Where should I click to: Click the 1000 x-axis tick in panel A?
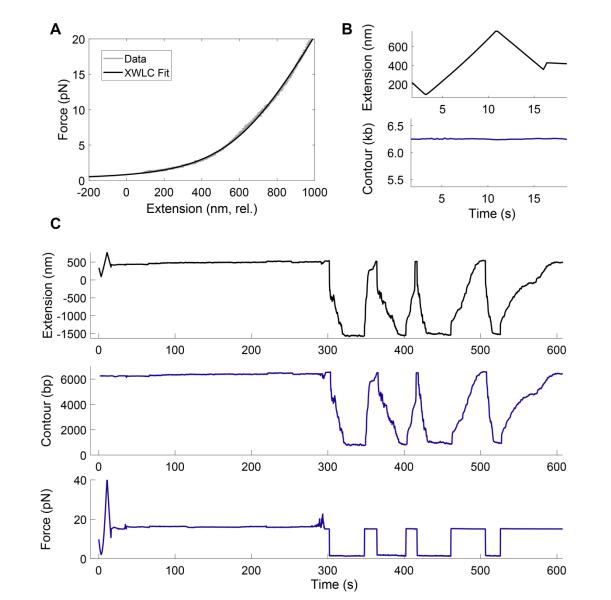pos(316,191)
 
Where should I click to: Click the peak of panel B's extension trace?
pos(496,30)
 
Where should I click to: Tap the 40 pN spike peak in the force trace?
pos(107,481)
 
